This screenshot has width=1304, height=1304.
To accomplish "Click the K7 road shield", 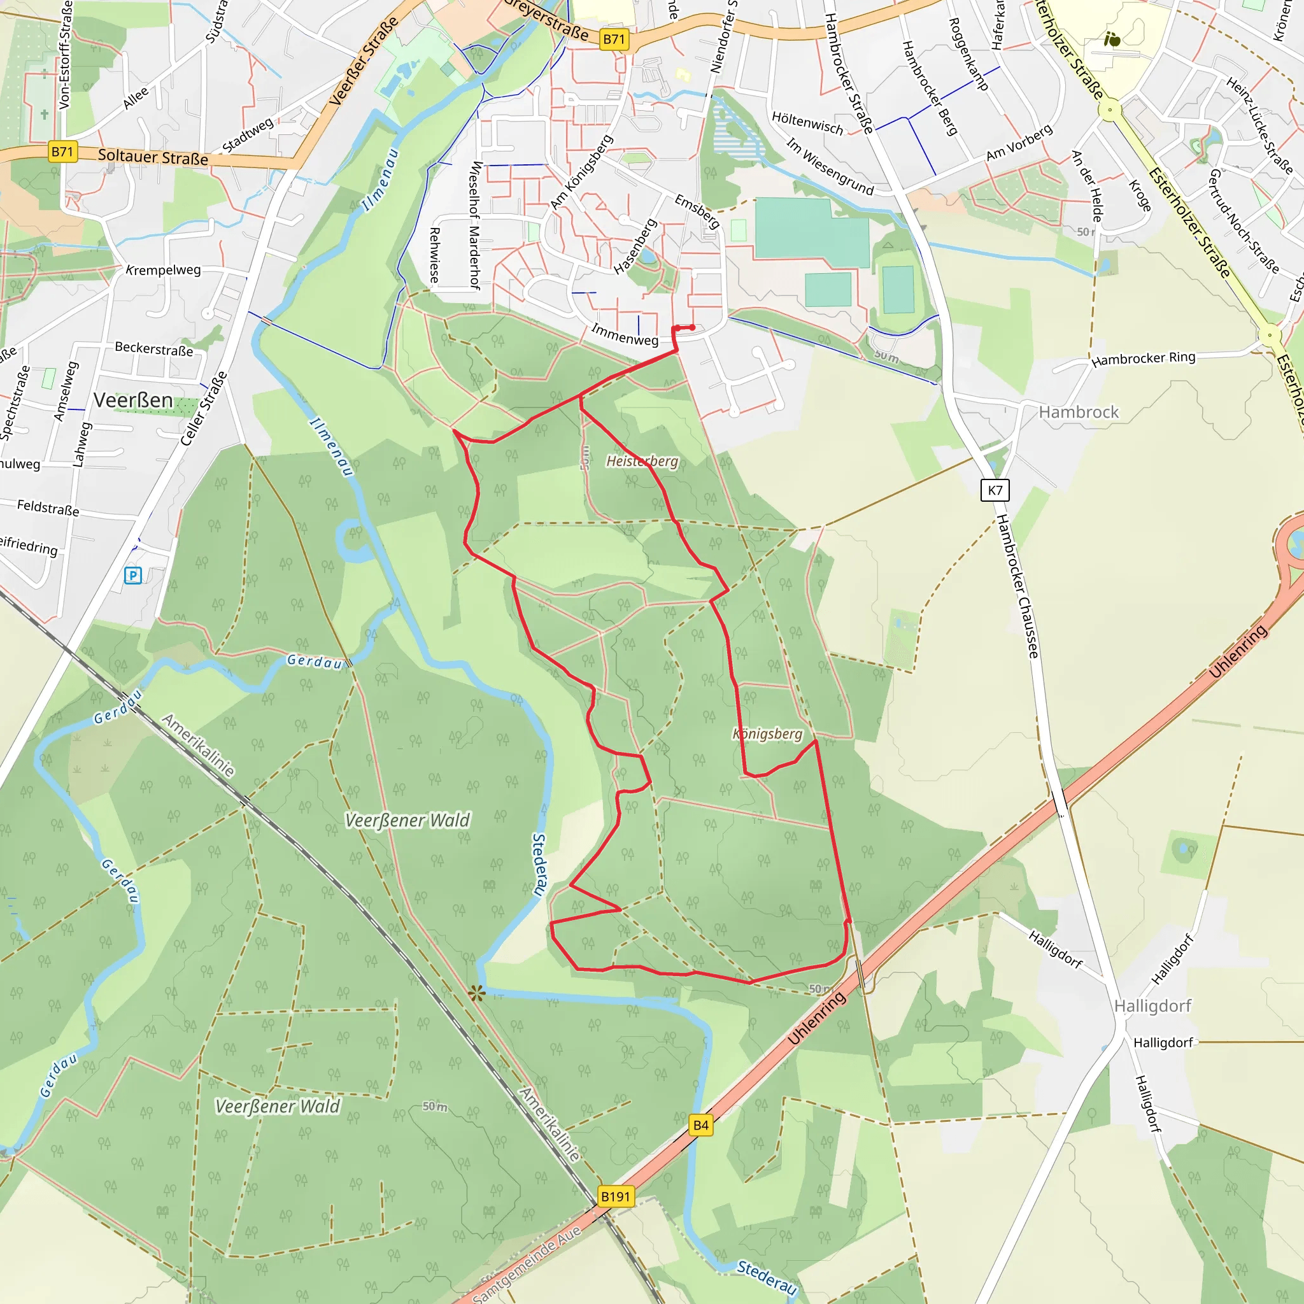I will (x=995, y=490).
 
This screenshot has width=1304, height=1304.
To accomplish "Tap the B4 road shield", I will (x=700, y=1125).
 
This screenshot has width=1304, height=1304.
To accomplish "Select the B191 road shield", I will (x=616, y=1196).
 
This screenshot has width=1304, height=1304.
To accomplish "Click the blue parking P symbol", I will (x=133, y=576).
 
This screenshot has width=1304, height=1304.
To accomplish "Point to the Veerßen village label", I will (x=133, y=400).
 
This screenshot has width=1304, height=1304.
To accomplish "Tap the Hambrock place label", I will (x=1078, y=412).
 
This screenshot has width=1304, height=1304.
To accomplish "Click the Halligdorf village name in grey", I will (x=1153, y=1005).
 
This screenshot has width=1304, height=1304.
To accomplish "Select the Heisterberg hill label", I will (x=642, y=461).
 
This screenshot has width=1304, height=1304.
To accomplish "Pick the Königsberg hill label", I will (x=767, y=733).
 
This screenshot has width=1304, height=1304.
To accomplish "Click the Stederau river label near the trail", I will (x=539, y=865).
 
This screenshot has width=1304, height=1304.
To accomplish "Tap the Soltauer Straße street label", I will (x=153, y=157).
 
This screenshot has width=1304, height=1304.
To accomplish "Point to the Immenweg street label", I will (x=625, y=335).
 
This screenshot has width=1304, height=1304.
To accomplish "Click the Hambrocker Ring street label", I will (x=1143, y=358).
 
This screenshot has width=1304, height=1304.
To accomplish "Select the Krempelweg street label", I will (x=164, y=270).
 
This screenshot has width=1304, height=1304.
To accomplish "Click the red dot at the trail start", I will (x=692, y=327).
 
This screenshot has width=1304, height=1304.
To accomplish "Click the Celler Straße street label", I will (x=204, y=409).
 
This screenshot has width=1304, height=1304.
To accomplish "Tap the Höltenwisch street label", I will (x=807, y=123).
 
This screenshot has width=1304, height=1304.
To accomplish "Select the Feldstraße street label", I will (x=48, y=507).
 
